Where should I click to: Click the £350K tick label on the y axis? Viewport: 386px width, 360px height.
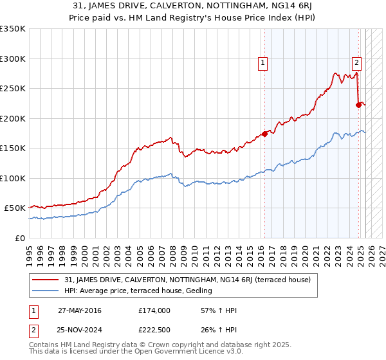point(13,29)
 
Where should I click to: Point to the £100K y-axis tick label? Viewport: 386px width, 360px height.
point(13,178)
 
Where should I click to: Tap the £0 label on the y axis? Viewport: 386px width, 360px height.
point(20,238)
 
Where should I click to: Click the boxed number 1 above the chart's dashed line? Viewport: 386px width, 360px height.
point(264,62)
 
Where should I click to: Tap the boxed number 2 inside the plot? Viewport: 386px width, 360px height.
point(356,62)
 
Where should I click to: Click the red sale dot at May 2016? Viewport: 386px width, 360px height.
point(264,134)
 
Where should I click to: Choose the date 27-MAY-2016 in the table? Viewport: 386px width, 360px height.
point(79,310)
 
